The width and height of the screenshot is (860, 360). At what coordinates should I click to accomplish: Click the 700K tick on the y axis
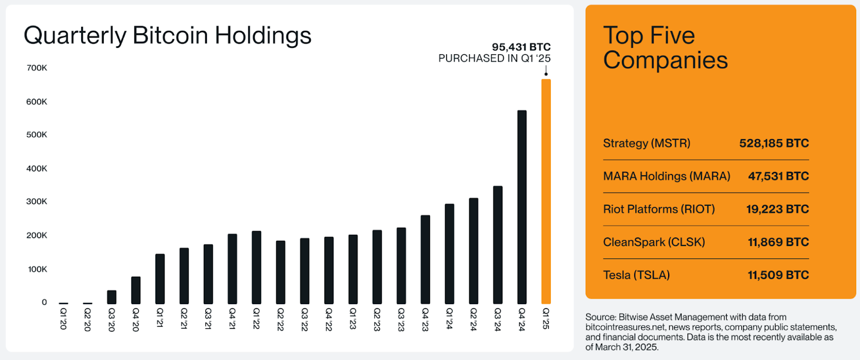coord(37,68)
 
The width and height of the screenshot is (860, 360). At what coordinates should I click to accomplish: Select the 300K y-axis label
coord(37,201)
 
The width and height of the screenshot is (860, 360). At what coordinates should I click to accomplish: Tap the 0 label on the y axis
coord(44,302)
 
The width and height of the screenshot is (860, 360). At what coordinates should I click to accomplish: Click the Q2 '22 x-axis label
coord(281,319)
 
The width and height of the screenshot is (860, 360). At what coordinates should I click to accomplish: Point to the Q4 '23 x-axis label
coord(425,319)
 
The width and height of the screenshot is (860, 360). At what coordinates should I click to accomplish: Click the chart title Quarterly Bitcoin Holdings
coord(167,35)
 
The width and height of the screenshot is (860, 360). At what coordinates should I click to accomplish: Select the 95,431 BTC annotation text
coord(521,47)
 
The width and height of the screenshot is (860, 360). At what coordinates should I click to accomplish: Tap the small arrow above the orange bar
coord(546,71)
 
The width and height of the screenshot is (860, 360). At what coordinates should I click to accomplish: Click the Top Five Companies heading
coord(665,48)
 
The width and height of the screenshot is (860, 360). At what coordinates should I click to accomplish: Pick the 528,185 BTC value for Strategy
coord(773,143)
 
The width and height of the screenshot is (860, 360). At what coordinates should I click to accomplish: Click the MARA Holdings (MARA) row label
coord(666,176)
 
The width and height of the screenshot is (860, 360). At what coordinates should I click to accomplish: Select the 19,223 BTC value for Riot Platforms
coord(777,209)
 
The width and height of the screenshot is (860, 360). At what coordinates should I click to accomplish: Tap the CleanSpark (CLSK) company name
coord(654,242)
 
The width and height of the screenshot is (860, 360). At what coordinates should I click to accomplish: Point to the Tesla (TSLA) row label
coord(636,275)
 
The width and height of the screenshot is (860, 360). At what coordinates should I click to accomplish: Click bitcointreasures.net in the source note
coord(625,327)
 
